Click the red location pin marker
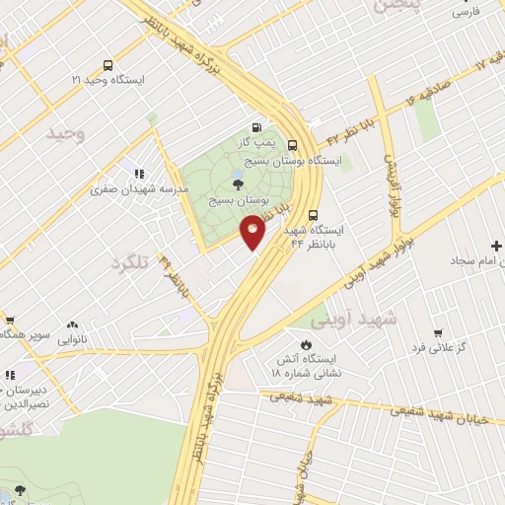click(x=253, y=232)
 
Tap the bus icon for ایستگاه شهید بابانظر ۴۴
click(x=314, y=214)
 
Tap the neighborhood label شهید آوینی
click(x=352, y=319)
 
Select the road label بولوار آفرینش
click(x=391, y=179)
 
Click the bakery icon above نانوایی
click(x=73, y=323)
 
